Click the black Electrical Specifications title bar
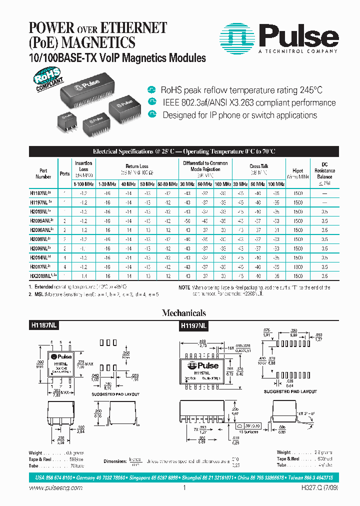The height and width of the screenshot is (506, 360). click(x=183, y=151)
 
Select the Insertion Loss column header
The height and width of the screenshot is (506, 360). click(x=83, y=169)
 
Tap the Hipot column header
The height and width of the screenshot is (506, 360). click(x=297, y=173)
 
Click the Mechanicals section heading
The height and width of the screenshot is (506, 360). click(x=183, y=313)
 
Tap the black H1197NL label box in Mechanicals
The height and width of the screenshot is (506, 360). click(x=194, y=325)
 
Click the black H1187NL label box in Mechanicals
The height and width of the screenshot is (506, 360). click(x=44, y=325)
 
